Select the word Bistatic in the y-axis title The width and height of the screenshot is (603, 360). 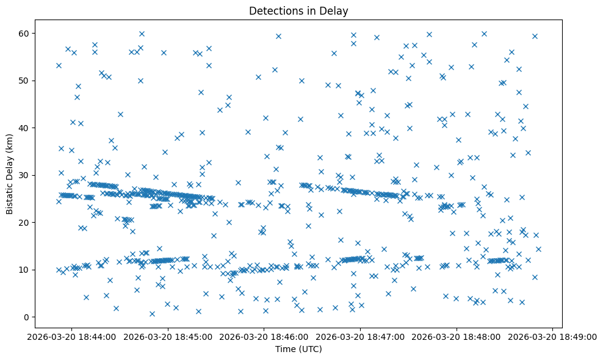click(x=10, y=196)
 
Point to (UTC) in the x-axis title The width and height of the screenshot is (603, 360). click(x=312, y=349)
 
